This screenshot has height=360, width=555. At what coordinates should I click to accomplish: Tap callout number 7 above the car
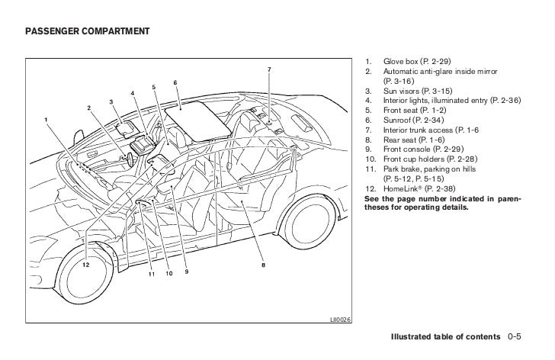pyautogui.click(x=268, y=71)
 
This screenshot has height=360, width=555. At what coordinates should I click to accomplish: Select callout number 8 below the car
pyautogui.click(x=263, y=265)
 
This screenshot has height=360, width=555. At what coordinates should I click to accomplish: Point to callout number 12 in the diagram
pyautogui.click(x=86, y=265)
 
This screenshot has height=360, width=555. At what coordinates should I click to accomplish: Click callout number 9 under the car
pyautogui.click(x=186, y=273)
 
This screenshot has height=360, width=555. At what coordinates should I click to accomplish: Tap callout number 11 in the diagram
pyautogui.click(x=151, y=273)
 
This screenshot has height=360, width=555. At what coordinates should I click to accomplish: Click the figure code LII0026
pyautogui.click(x=341, y=319)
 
